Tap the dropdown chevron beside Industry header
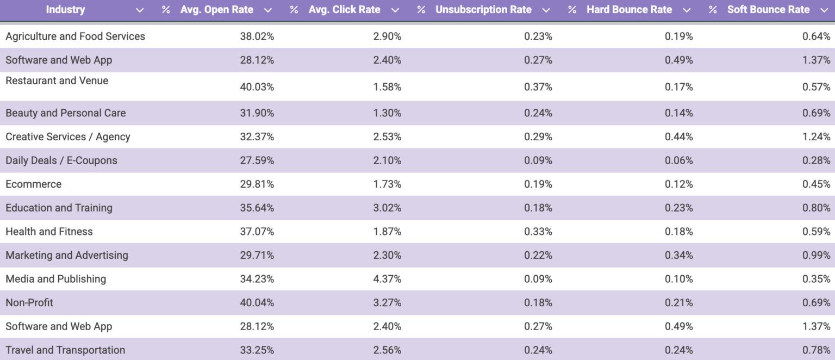tap(140, 10)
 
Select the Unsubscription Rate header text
tap(483, 10)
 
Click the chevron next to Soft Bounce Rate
tap(824, 10)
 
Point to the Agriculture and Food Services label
tap(75, 36)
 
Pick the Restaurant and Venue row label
tap(57, 80)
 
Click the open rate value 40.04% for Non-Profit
tap(257, 302)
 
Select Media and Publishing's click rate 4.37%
tap(387, 279)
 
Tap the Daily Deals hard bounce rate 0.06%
tap(678, 160)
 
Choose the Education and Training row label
tap(59, 208)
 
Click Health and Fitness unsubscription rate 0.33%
tap(538, 232)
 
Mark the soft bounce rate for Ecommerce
tap(816, 184)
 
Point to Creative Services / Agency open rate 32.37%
tap(257, 137)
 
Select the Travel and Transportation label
tap(65, 350)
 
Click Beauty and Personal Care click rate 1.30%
tap(387, 113)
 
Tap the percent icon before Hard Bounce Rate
tap(572, 10)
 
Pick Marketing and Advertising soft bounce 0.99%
tap(816, 256)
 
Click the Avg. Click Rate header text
tap(344, 10)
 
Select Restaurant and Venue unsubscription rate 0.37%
tap(538, 87)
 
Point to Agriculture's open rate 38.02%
tap(257, 36)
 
